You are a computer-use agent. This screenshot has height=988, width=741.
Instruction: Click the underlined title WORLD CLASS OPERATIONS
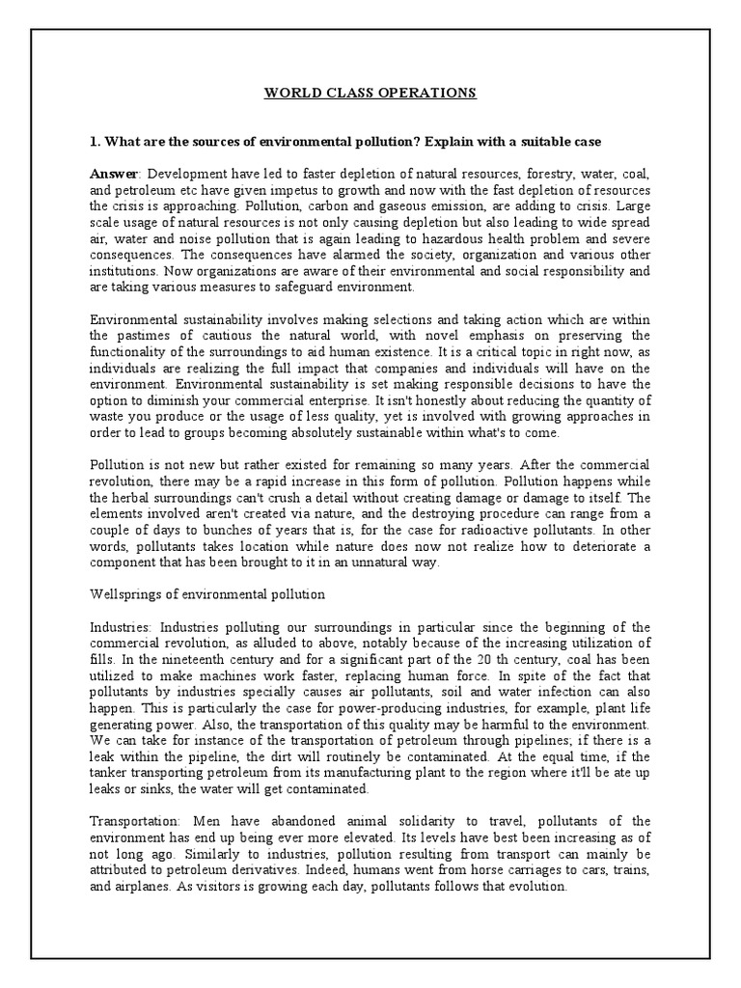(x=370, y=94)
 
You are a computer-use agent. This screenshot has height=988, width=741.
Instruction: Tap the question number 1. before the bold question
(x=95, y=142)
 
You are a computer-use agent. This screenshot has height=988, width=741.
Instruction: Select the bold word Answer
(x=114, y=173)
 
